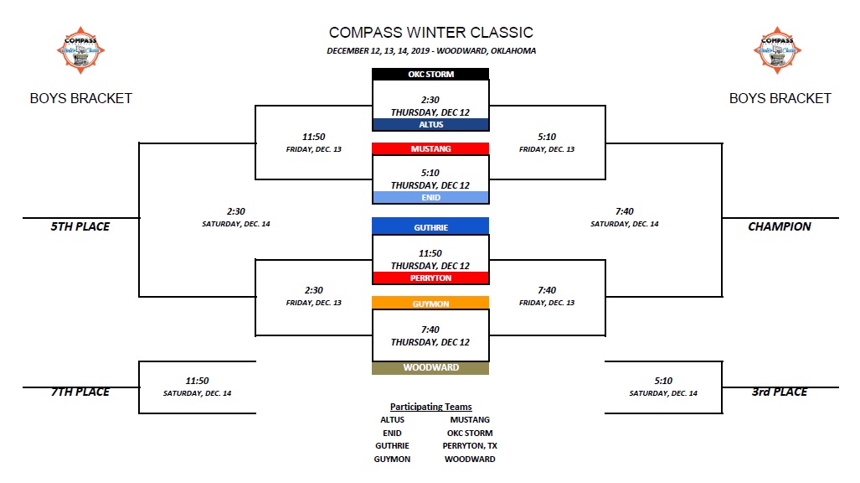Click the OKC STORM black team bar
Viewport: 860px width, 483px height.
[430, 75]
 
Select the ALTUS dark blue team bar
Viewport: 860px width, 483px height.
[430, 124]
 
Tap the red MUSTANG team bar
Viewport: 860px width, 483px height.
[430, 149]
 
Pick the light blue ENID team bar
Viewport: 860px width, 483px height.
[430, 198]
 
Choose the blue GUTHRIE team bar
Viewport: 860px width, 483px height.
[430, 226]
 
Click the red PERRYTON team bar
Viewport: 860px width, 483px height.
[430, 278]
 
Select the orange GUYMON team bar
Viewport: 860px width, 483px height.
[430, 304]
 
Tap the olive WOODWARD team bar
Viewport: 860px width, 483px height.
[430, 367]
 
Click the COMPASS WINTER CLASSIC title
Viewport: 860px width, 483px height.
[430, 33]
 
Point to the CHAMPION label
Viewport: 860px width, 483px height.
[779, 226]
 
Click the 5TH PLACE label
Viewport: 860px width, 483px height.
[80, 226]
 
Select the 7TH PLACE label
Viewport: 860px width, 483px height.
[80, 392]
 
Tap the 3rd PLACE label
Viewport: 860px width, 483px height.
[779, 392]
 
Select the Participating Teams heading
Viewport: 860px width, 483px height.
[430, 407]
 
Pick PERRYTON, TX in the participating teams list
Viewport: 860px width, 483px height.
[470, 446]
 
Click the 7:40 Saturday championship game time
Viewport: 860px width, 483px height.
[624, 212]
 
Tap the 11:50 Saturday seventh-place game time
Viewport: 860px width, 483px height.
[197, 381]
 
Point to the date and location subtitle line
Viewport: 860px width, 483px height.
[430, 51]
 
